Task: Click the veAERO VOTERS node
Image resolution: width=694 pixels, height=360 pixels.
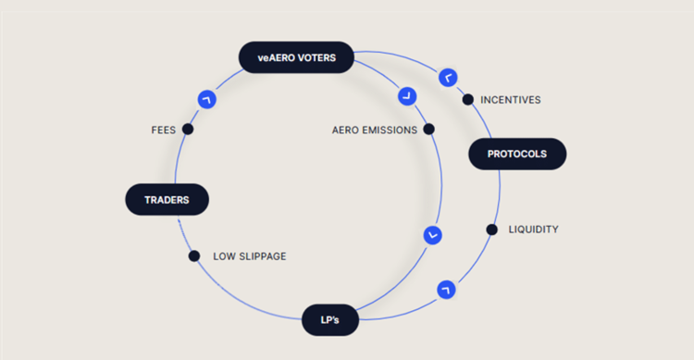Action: [x=297, y=57]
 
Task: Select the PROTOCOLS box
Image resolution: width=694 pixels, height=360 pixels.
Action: [x=516, y=154]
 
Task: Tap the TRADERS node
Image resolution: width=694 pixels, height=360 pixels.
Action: [x=167, y=199]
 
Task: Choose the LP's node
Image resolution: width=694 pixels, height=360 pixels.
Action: [x=329, y=319]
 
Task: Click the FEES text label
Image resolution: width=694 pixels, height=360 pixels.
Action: [x=163, y=130]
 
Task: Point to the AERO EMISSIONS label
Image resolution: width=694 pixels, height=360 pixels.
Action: [x=374, y=130]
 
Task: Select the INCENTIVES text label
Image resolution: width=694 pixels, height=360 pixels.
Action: [x=510, y=99]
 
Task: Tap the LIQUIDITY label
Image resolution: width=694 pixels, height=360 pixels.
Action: [x=533, y=229]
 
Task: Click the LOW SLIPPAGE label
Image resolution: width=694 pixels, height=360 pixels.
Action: [x=249, y=256]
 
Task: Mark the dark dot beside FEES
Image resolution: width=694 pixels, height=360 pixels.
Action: [x=188, y=130]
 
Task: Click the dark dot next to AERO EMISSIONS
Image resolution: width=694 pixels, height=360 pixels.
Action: [x=428, y=130]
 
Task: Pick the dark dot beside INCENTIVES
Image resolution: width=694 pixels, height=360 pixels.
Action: [x=468, y=99]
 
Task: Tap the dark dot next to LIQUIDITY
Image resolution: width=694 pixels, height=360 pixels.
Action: [x=491, y=229]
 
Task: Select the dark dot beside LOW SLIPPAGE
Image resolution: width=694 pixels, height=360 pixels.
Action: [x=194, y=256]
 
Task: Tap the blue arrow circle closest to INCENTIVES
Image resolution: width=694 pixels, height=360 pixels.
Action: [x=448, y=77]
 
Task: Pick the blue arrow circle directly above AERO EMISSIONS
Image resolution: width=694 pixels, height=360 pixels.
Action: [x=406, y=95]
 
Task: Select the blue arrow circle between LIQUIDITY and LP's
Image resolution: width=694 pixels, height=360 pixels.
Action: [x=446, y=290]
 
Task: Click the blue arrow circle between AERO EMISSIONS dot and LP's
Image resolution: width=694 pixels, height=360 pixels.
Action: [x=431, y=235]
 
